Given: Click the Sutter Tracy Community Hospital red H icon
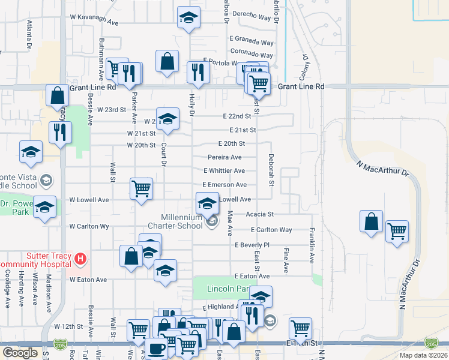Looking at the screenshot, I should pyautogui.click(x=80, y=260).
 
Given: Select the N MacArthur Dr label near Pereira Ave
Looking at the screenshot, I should pyautogui.click(x=382, y=168).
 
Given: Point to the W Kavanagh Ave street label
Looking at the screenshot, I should pyautogui.click(x=95, y=18).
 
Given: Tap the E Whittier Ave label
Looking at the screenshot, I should pyautogui.click(x=224, y=171).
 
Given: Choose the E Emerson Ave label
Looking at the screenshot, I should pyautogui.click(x=224, y=185).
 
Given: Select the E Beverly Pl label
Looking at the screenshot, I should pyautogui.click(x=252, y=245).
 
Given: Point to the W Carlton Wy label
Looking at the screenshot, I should pyautogui.click(x=89, y=227).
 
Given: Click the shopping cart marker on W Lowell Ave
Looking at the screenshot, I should pyautogui.click(x=141, y=188).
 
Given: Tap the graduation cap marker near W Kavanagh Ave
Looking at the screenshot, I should pyautogui.click(x=189, y=18).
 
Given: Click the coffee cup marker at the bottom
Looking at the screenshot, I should pyautogui.click(x=157, y=348).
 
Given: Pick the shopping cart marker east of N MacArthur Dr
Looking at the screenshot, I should pyautogui.click(x=397, y=230).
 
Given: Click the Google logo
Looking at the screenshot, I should pyautogui.click(x=20, y=353).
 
